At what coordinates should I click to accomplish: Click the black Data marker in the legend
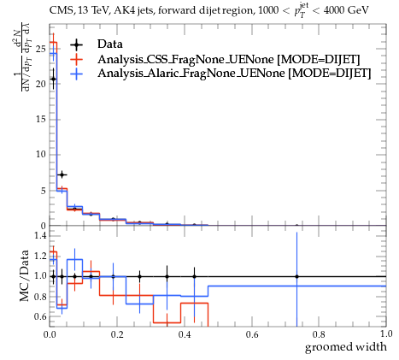pyautogui.click(x=77, y=44)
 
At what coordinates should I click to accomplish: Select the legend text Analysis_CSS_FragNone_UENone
pyautogui.click(x=185, y=59)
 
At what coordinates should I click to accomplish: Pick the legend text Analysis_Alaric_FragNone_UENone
pyautogui.click(x=191, y=74)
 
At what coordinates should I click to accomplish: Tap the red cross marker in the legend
pyautogui.click(x=77, y=59)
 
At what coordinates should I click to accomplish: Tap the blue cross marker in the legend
pyautogui.click(x=77, y=74)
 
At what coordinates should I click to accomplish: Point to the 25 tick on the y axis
pyautogui.click(x=41, y=49)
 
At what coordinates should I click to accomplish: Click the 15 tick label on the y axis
pyautogui.click(x=41, y=119)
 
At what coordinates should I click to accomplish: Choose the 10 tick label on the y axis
pyautogui.click(x=41, y=155)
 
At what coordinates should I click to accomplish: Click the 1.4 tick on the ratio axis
pyautogui.click(x=40, y=235)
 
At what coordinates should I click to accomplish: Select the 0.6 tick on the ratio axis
pyautogui.click(x=40, y=316)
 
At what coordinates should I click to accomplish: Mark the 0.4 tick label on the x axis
pyautogui.click(x=185, y=334)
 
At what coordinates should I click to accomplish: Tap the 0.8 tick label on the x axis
pyautogui.click(x=319, y=334)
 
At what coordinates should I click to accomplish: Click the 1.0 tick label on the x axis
pyautogui.click(x=386, y=333)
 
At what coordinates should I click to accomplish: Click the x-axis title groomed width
pyautogui.click(x=346, y=347)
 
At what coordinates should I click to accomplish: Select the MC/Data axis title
pyautogui.click(x=25, y=275)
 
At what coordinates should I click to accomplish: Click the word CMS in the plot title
pyautogui.click(x=59, y=10)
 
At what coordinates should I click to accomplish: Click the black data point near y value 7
pyautogui.click(x=62, y=174)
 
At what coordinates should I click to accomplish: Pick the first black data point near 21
pyautogui.click(x=53, y=79)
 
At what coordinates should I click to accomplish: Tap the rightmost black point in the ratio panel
pyautogui.click(x=296, y=276)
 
